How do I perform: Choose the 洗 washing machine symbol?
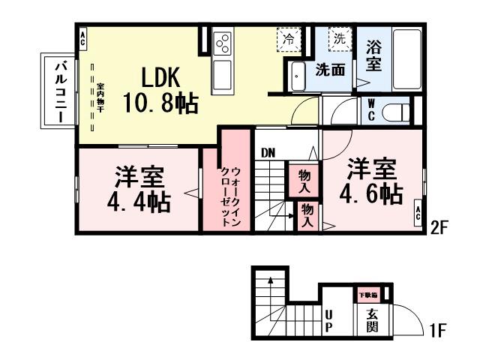click(x=340, y=38)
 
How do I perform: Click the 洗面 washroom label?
click(x=329, y=70)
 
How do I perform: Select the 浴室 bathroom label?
click(x=373, y=56)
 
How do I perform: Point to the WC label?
click(x=371, y=111)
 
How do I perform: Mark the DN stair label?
click(x=268, y=153)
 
